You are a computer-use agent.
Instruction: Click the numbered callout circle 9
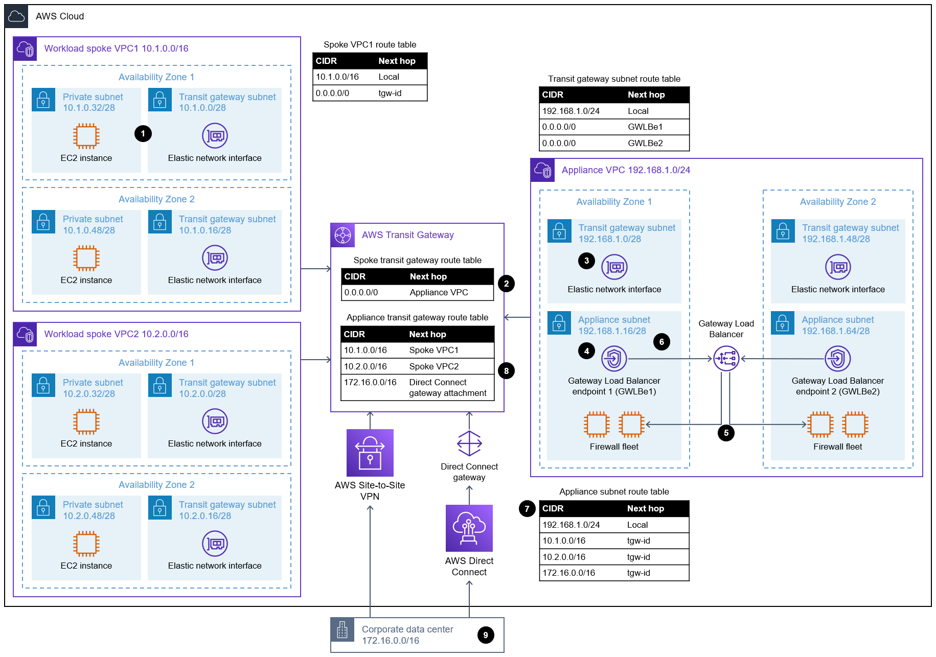[x=486, y=635]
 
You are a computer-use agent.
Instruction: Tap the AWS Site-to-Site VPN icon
[x=370, y=453]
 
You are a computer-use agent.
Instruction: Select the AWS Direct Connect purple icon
[x=469, y=528]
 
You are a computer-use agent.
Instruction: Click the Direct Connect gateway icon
[x=469, y=443]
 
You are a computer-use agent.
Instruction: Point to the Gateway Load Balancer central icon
[x=726, y=359]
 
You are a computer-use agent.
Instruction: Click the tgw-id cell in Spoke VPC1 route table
[x=390, y=93]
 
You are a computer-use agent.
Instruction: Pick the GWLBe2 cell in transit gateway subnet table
[x=645, y=143]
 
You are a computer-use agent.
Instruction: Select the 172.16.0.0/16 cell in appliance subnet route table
[x=568, y=573]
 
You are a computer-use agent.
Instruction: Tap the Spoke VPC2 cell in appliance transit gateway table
[x=433, y=366]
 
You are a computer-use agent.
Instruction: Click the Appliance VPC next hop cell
[x=439, y=292]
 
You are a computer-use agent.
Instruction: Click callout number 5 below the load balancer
[x=726, y=433]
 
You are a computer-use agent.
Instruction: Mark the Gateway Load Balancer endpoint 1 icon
[x=614, y=359]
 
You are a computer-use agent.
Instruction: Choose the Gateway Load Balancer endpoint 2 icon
[x=837, y=359]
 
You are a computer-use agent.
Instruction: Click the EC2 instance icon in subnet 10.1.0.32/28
[x=86, y=136]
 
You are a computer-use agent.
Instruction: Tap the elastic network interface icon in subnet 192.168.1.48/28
[x=838, y=267]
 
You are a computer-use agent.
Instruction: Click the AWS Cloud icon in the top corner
[x=16, y=16]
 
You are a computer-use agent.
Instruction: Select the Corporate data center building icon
[x=343, y=629]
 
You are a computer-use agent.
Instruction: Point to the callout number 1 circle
[x=143, y=133]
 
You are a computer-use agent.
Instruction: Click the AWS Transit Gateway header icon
[x=343, y=235]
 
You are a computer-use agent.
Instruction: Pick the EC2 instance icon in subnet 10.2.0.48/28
[x=86, y=544]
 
